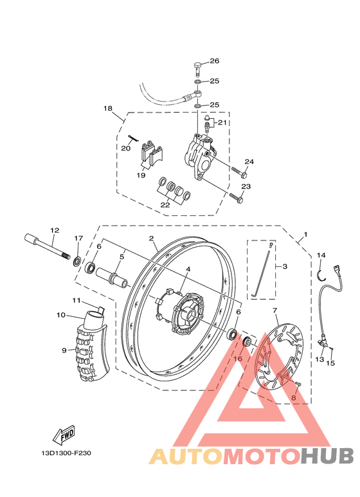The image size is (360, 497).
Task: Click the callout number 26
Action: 215,61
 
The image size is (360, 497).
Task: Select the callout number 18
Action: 107,109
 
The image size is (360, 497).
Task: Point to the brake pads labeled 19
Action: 152,154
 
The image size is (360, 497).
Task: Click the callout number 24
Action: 249,161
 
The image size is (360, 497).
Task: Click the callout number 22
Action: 165,204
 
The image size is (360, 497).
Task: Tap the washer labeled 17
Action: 77,261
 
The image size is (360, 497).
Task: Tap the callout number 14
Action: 321,256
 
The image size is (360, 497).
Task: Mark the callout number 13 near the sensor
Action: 319,360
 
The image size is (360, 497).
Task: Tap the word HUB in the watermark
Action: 327,455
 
